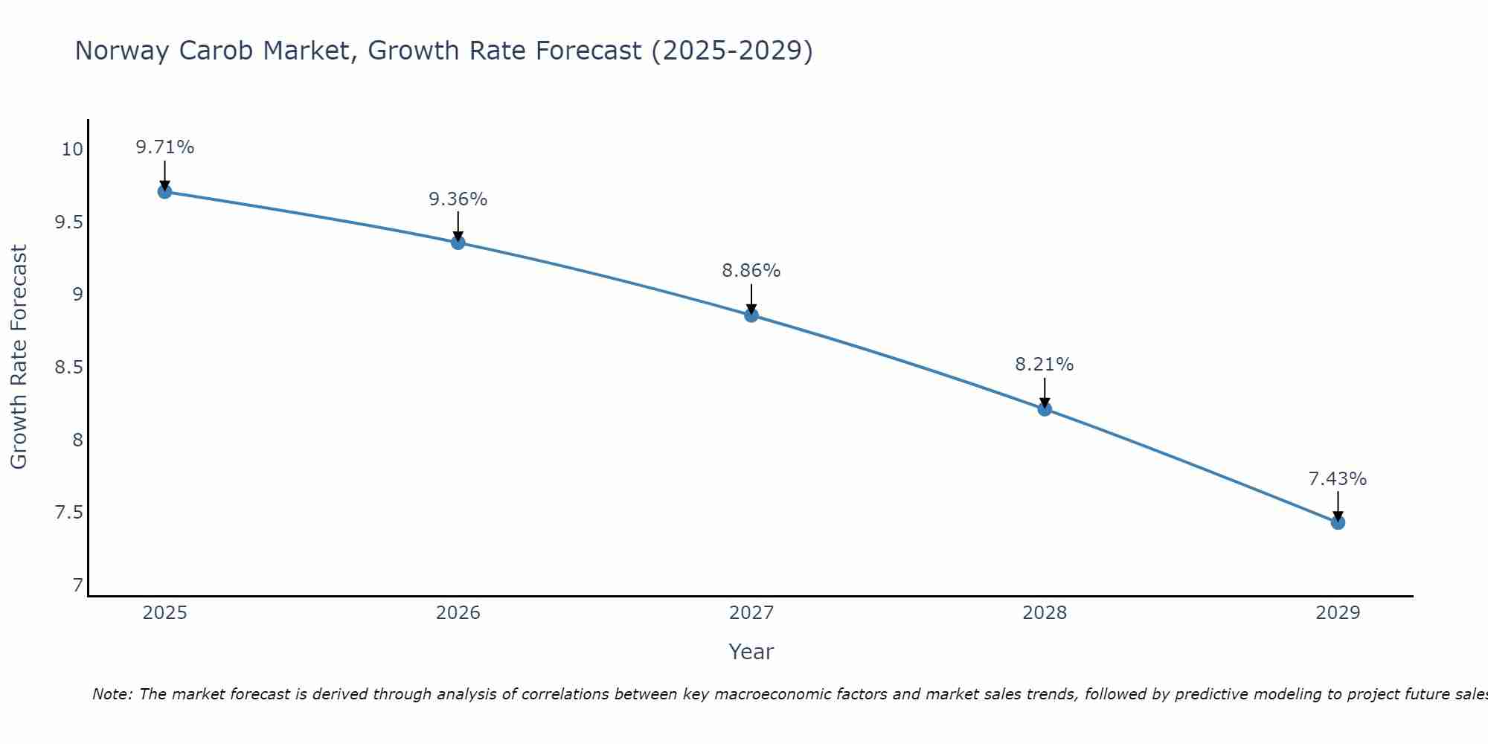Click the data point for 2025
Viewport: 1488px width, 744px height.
165,192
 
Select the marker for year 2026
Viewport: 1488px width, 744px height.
458,243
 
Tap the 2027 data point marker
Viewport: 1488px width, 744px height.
751,315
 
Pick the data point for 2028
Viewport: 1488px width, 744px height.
1045,409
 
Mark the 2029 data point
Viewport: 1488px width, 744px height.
1338,523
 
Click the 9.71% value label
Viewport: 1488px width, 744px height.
165,147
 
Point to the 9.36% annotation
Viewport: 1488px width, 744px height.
458,199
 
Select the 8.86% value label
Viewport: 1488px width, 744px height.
751,271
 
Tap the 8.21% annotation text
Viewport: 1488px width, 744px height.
1045,365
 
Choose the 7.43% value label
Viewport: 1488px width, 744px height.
1338,479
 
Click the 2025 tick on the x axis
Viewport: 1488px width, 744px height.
165,613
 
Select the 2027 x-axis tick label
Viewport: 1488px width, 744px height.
751,613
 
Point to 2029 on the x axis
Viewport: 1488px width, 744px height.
1338,613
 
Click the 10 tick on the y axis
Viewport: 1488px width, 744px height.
72,150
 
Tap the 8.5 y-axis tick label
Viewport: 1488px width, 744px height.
69,368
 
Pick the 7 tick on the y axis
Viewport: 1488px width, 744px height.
78,586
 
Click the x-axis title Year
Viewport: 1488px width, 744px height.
751,652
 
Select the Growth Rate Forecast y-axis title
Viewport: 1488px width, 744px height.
19,357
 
